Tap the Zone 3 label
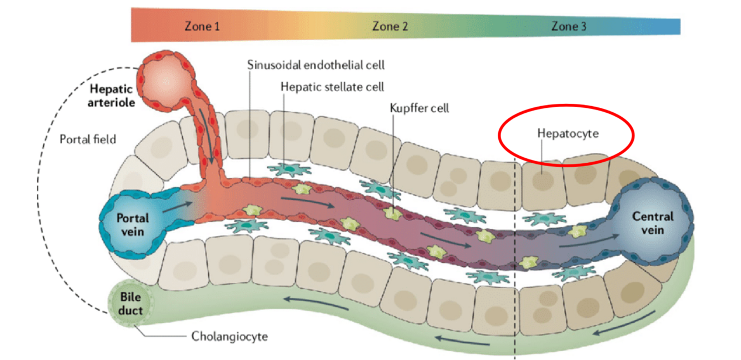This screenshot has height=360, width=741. click(x=568, y=26)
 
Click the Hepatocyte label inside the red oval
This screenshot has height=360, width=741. click(x=568, y=133)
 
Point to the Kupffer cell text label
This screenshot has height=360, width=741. click(x=419, y=108)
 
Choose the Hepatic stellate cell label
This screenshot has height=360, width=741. click(x=332, y=87)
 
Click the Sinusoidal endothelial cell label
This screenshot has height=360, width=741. click(x=316, y=65)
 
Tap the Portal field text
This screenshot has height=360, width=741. click(x=88, y=139)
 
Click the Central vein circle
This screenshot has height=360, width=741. click(x=652, y=222)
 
